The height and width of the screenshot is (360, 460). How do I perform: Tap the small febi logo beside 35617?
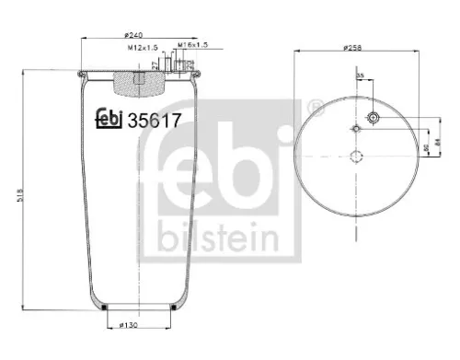coord(109,118)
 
